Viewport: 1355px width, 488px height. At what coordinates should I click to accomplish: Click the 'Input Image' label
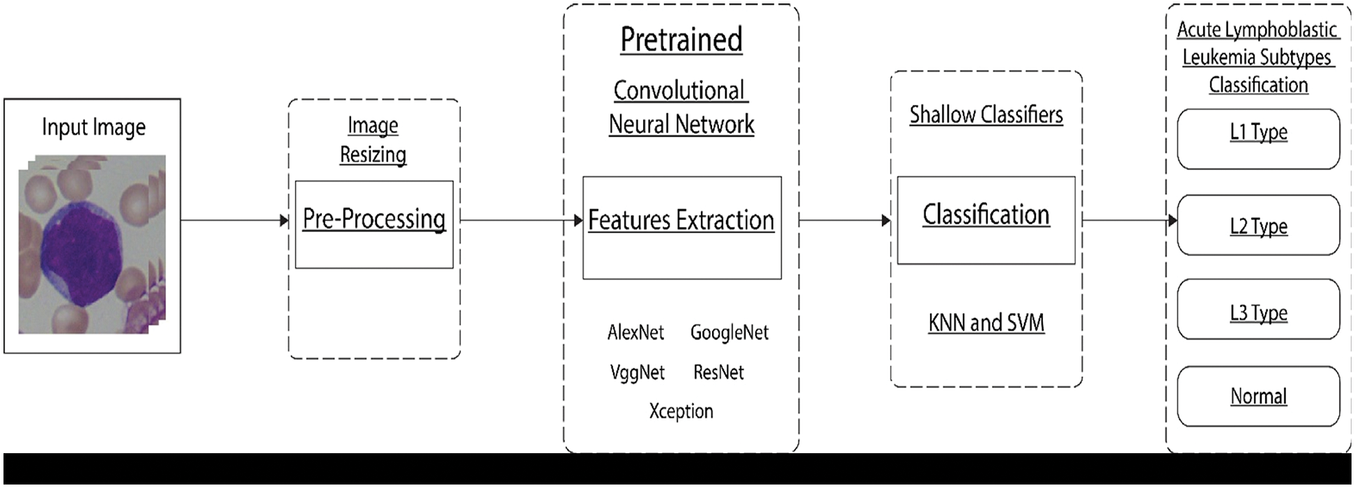[93, 127]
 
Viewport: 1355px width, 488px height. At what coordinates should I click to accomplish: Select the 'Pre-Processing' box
[374, 224]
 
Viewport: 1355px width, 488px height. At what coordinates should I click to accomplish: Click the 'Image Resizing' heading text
[373, 140]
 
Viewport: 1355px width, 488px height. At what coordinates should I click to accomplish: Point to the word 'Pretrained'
[681, 40]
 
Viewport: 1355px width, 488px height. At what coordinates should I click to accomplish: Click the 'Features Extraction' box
[681, 227]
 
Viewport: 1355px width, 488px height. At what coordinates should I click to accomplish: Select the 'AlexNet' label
[635, 333]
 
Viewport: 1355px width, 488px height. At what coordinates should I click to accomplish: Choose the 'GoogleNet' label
[729, 333]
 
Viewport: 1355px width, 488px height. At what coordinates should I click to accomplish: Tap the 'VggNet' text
[637, 372]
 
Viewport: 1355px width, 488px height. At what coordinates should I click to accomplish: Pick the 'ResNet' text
[718, 372]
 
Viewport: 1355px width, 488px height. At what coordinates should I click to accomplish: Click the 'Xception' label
[681, 411]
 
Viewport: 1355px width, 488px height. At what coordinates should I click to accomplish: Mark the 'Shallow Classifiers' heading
[986, 115]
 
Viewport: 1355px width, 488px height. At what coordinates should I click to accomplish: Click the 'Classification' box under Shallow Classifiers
[986, 220]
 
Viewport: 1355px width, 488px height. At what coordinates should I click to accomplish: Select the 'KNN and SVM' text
[986, 323]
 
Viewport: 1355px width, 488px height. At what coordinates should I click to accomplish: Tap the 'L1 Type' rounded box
[1258, 139]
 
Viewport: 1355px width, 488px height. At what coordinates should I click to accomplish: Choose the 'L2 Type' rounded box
[1258, 226]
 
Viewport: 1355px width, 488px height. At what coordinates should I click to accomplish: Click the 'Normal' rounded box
[1258, 396]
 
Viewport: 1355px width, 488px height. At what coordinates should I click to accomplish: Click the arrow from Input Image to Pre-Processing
[234, 221]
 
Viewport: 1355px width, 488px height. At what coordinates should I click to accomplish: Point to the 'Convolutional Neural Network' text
[681, 107]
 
